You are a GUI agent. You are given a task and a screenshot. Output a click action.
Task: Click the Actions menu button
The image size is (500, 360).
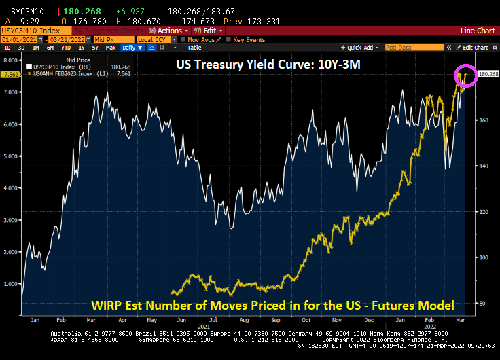point(168,31)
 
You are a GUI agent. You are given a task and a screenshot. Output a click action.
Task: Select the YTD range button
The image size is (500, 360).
point(67,48)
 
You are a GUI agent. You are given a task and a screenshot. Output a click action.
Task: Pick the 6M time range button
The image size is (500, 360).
point(50,48)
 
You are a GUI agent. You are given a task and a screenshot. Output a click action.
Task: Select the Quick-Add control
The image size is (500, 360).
point(361,48)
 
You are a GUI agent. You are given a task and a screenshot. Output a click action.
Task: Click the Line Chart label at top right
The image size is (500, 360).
point(476,31)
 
